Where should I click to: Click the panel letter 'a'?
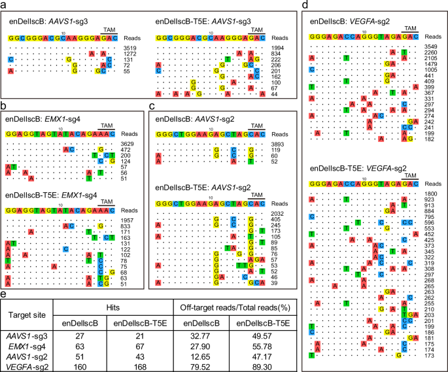coord(5,5)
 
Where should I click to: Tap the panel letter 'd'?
coord(305,5)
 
